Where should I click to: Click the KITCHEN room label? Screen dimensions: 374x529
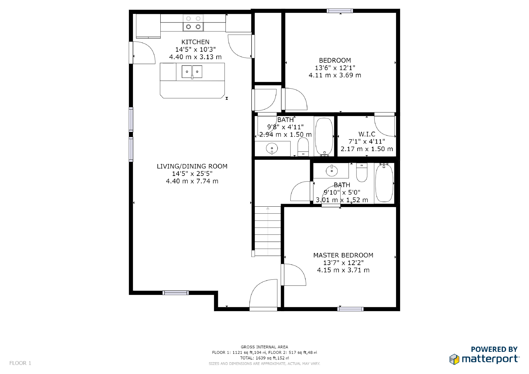click(x=195, y=42)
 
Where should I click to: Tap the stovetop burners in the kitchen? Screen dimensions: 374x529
click(x=193, y=23)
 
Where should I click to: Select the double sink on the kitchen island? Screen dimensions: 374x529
click(x=192, y=72)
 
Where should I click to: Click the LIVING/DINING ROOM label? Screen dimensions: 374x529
click(x=192, y=166)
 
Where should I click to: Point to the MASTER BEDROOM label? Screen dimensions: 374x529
click(x=343, y=255)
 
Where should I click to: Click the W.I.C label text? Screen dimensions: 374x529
click(x=367, y=134)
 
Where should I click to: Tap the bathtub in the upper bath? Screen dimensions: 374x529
click(x=324, y=136)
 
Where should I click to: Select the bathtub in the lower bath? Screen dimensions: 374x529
click(x=384, y=183)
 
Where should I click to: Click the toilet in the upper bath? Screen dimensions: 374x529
click(x=303, y=146)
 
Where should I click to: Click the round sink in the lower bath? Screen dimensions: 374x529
click(x=332, y=171)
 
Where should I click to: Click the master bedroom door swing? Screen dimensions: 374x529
click(x=294, y=274)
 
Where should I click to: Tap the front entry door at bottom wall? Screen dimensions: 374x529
click(x=263, y=294)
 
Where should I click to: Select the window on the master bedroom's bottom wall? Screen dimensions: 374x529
click(x=350, y=309)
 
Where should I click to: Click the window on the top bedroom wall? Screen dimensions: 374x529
click(x=340, y=11)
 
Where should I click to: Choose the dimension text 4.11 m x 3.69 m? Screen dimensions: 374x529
click(x=335, y=75)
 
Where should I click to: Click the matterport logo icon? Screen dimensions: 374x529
click(x=454, y=359)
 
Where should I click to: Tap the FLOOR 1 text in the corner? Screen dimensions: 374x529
click(x=20, y=363)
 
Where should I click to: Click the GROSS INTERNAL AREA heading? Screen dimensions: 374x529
click(x=264, y=347)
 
